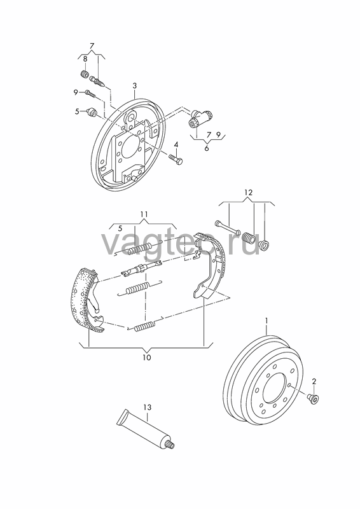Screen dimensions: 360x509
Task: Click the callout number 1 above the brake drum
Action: (x=267, y=321)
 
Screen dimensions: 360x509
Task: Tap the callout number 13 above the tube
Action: (x=147, y=407)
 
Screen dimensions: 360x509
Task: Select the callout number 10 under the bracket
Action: (x=147, y=358)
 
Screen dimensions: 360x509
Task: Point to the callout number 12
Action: (x=248, y=193)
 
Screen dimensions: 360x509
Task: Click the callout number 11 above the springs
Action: (x=144, y=214)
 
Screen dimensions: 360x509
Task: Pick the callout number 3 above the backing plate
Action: (x=134, y=86)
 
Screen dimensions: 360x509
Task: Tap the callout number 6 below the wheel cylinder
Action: (x=207, y=148)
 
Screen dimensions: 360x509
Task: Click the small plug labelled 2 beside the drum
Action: (x=314, y=398)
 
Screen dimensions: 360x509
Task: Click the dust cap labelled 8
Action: (x=85, y=74)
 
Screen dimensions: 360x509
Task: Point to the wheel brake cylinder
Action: (x=200, y=118)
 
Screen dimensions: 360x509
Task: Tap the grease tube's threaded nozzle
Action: (x=172, y=446)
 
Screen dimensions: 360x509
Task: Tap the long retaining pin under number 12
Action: (x=227, y=228)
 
